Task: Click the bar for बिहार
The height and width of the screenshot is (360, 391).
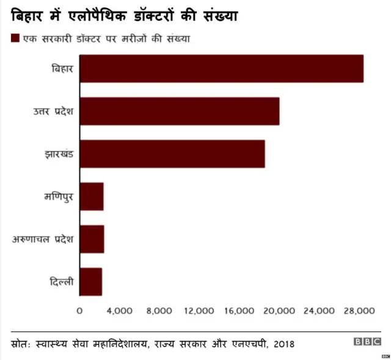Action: click(x=221, y=68)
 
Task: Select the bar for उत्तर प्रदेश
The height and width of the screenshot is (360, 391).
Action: click(x=180, y=111)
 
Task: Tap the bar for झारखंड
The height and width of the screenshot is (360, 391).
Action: click(x=172, y=154)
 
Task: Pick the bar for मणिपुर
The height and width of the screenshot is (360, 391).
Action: click(x=92, y=196)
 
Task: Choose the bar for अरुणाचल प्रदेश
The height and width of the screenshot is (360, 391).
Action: click(x=92, y=239)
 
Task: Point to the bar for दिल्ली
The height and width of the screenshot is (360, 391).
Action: click(x=91, y=282)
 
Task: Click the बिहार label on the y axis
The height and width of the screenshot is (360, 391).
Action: click(x=62, y=68)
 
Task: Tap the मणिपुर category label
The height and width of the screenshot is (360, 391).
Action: click(x=59, y=196)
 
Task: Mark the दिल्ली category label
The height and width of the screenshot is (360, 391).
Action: click(x=62, y=282)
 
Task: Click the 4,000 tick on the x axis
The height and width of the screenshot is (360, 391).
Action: click(x=119, y=311)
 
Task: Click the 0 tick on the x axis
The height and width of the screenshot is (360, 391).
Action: click(x=79, y=311)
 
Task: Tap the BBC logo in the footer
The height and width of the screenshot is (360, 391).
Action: click(x=367, y=342)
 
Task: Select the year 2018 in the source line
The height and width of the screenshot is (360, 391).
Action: click(x=284, y=343)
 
